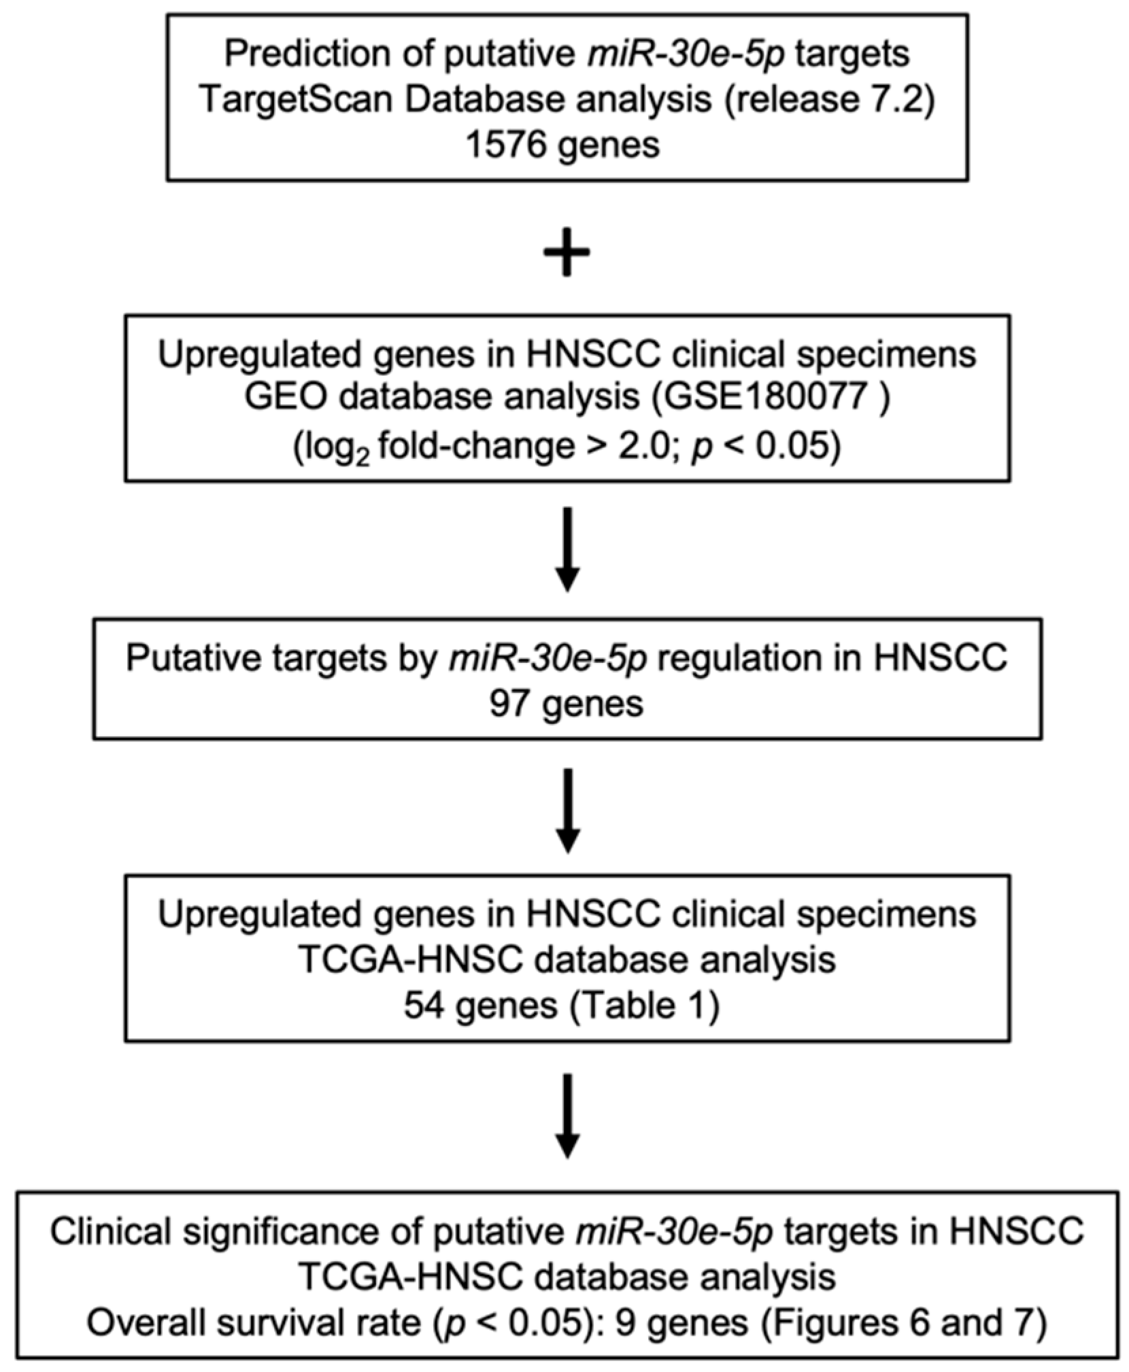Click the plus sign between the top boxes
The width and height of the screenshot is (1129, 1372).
coord(566,252)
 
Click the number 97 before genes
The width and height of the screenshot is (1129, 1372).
coord(509,704)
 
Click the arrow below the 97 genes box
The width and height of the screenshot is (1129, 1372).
coord(567,810)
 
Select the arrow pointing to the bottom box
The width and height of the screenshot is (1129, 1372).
coord(567,1115)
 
